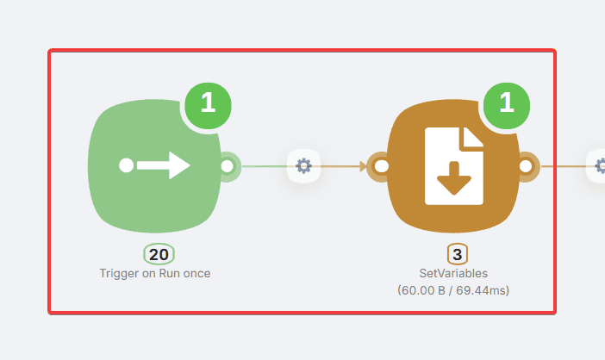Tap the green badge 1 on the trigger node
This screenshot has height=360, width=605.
(208, 104)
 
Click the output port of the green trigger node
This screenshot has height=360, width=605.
(228, 164)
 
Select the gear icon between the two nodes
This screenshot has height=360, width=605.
(303, 164)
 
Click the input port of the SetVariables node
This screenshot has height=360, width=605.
(380, 165)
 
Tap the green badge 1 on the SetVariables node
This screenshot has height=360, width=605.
(507, 104)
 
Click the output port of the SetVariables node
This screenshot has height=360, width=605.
(526, 165)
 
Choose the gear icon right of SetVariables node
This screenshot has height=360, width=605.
(598, 164)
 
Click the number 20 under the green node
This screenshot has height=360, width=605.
(159, 254)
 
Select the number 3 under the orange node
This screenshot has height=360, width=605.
(458, 255)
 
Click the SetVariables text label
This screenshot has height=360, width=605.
(453, 273)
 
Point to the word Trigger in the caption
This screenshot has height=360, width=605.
(118, 273)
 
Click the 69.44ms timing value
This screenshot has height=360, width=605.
(484, 290)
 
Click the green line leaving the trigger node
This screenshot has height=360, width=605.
(263, 165)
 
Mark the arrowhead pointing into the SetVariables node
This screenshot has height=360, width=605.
(361, 165)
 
